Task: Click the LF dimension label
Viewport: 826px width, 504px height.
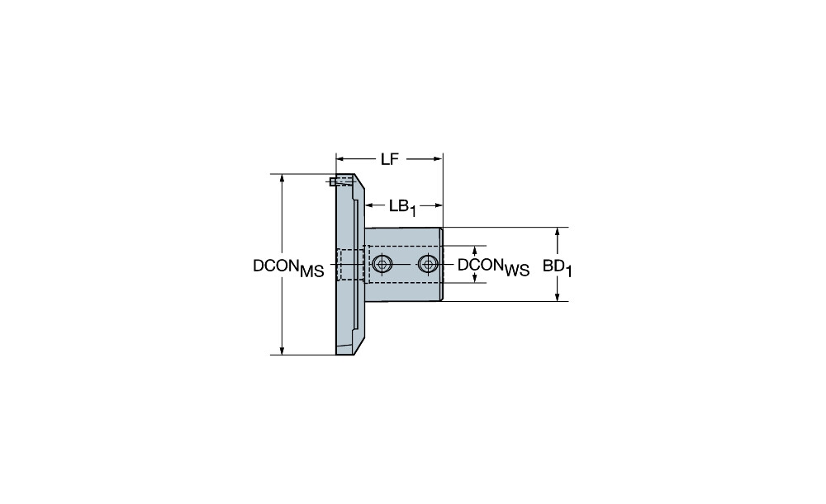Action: click(x=389, y=159)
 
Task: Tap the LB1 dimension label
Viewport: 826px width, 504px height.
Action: click(x=403, y=207)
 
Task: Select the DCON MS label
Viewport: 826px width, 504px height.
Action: click(x=288, y=268)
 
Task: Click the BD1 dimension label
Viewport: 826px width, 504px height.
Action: click(x=558, y=268)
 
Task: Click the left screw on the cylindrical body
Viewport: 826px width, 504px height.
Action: click(x=382, y=264)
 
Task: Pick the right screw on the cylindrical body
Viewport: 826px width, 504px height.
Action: click(x=428, y=264)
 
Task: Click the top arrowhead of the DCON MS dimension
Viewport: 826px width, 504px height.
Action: click(x=282, y=178)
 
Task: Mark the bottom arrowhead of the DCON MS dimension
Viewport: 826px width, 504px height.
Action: click(x=282, y=351)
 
